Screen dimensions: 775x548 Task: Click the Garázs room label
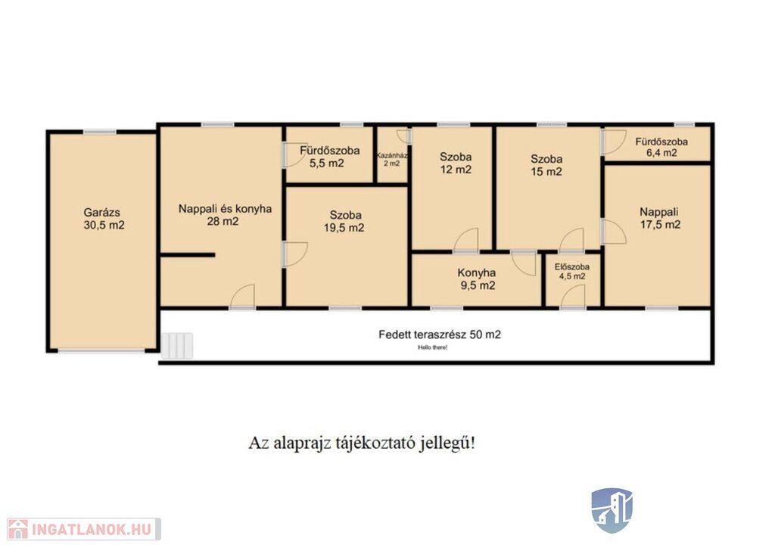coord(102,213)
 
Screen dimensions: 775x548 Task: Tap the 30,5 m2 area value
coord(104,226)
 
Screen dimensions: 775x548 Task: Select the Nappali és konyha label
coord(225,208)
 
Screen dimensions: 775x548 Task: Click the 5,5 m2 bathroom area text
coord(326,163)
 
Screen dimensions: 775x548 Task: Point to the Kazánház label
coord(392,155)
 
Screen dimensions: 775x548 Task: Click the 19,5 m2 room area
coord(344,228)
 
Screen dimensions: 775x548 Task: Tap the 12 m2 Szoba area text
coord(455,170)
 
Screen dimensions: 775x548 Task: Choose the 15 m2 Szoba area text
coord(546,172)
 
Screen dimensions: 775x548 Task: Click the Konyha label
coord(477,272)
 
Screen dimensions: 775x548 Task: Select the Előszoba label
coord(572,267)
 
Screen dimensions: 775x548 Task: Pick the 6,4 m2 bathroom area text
coord(661,153)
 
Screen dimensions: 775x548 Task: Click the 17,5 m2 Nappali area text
coord(660,225)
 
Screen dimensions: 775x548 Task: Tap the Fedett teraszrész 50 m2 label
coord(440,335)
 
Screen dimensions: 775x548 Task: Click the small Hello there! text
coord(432,347)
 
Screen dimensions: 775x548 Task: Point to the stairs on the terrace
coord(177,345)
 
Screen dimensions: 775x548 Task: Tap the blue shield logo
coord(612,510)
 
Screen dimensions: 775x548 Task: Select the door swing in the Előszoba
coord(573,296)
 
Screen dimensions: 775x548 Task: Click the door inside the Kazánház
coord(404,136)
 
